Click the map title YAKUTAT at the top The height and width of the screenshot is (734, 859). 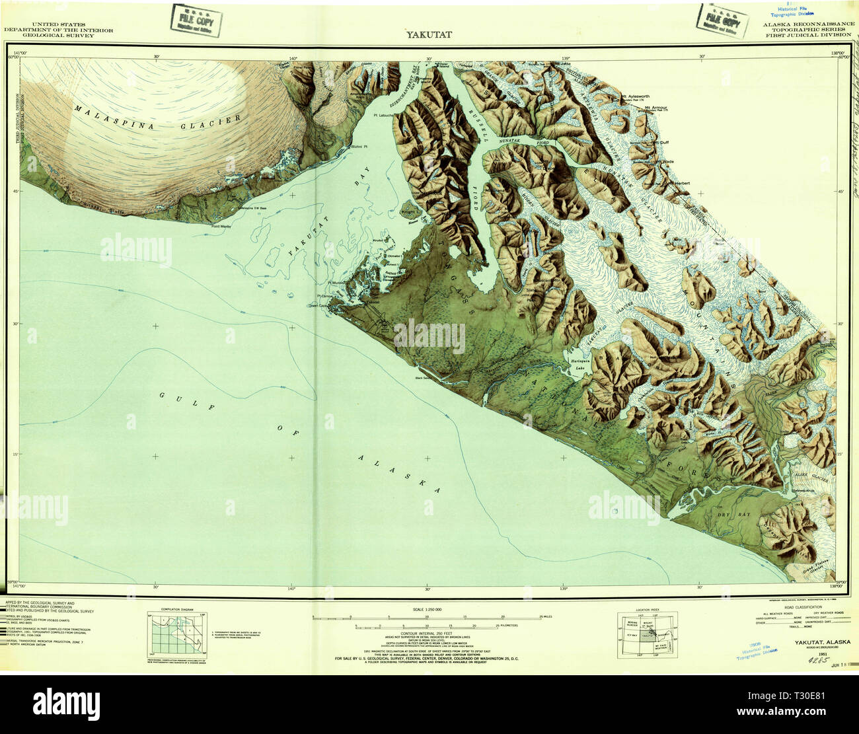(429, 34)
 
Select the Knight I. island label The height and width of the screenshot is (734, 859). (408, 212)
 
